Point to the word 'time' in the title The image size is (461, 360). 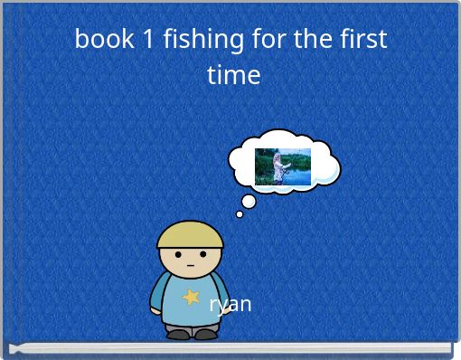[233, 74]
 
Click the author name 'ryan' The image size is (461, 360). [230, 304]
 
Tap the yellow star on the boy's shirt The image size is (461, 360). [191, 296]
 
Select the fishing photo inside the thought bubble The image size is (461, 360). [282, 166]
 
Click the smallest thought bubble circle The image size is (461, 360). [240, 214]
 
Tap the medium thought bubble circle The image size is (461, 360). [249, 201]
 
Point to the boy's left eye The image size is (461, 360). [180, 256]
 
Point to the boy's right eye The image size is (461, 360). [200, 256]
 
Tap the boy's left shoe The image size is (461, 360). [178, 334]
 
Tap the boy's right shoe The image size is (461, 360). [205, 334]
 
